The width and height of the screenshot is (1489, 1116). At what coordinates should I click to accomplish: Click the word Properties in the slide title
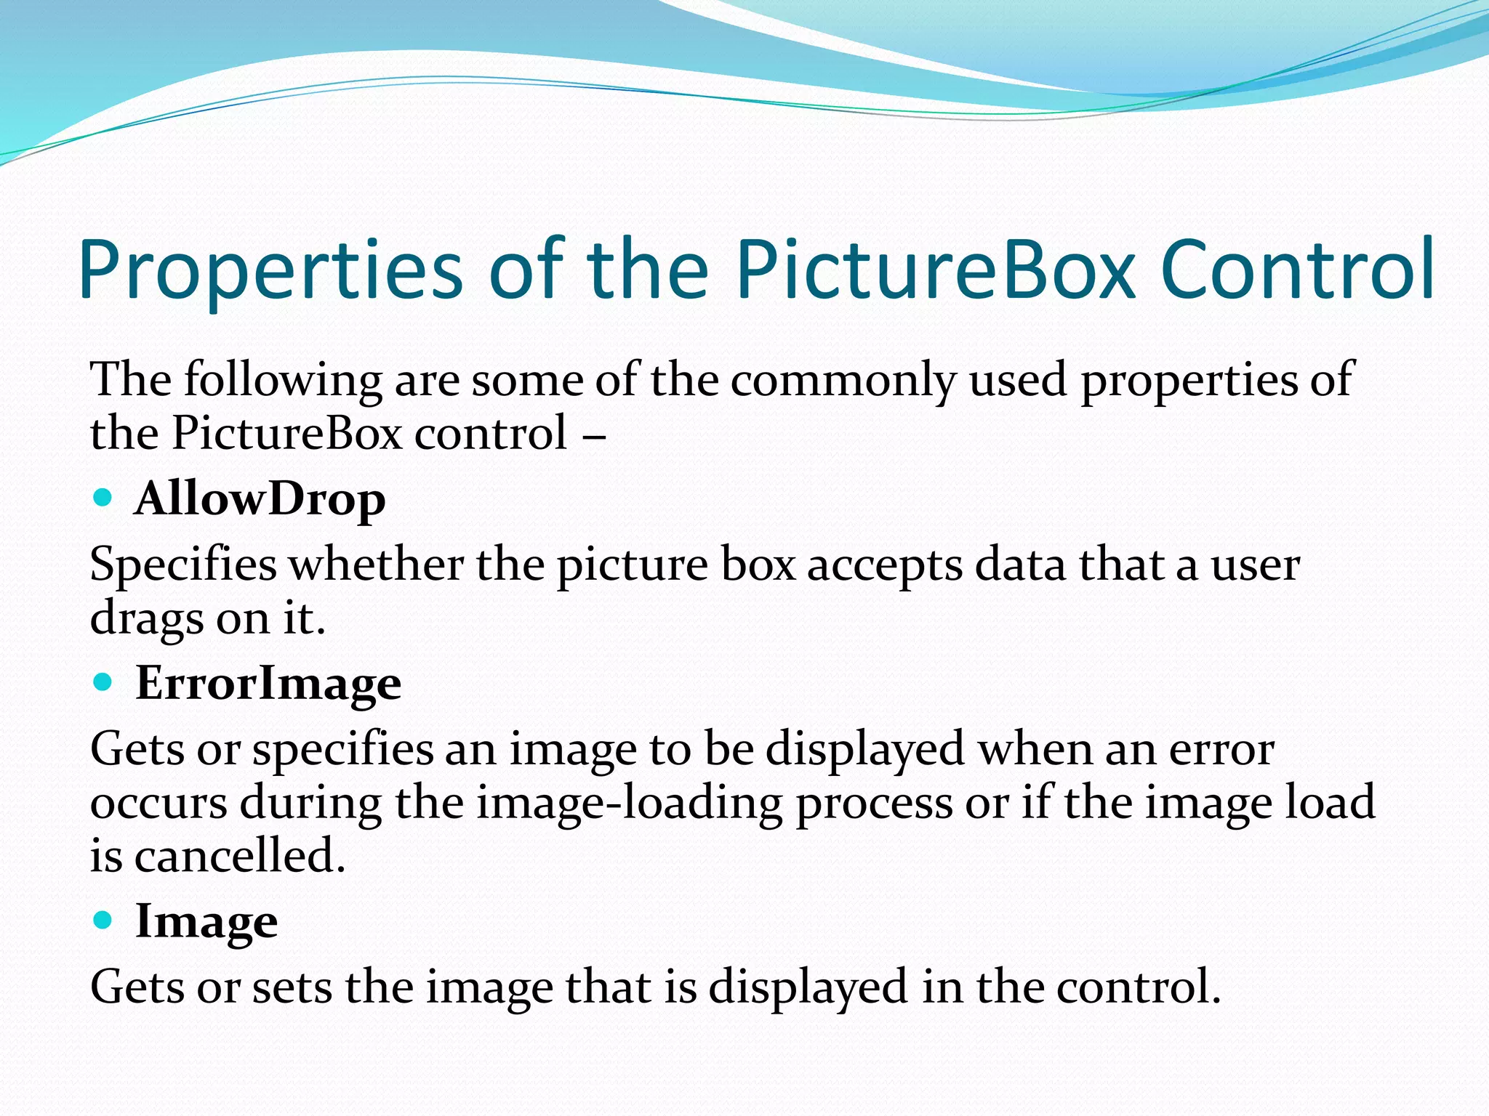(x=270, y=270)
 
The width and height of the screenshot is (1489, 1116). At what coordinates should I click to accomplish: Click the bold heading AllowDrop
(x=260, y=500)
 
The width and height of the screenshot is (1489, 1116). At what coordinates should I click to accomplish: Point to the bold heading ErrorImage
(x=268, y=684)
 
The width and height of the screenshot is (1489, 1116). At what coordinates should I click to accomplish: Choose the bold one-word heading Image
(x=206, y=921)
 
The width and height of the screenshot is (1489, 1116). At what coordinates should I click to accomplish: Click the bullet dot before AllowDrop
(x=103, y=498)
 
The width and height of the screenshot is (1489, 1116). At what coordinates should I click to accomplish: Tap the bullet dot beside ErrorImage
(x=103, y=682)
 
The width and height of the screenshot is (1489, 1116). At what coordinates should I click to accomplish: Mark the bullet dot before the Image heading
(x=103, y=920)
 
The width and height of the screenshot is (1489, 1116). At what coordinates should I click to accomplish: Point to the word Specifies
(x=183, y=565)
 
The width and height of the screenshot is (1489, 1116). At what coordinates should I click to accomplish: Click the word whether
(x=377, y=564)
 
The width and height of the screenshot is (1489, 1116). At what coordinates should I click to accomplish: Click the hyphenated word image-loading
(x=630, y=804)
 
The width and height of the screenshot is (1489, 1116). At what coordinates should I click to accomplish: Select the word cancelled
(x=239, y=856)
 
